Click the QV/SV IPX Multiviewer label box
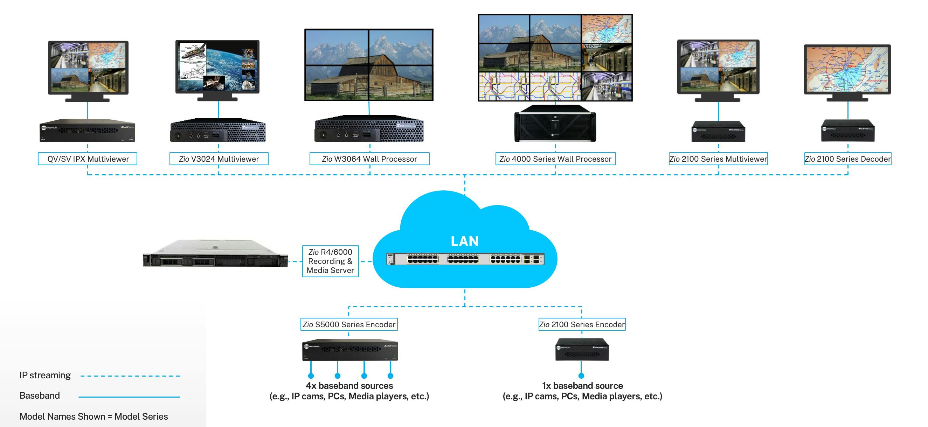[88, 159]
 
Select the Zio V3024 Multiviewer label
[219, 159]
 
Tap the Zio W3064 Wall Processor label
[369, 159]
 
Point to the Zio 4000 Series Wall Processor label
[555, 159]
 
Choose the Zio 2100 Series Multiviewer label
[718, 159]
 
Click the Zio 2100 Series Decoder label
[848, 159]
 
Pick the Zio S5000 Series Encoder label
[349, 324]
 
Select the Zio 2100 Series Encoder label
[581, 324]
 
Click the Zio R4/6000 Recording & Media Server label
[330, 261]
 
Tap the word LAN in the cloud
[464, 241]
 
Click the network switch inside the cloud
[465, 259]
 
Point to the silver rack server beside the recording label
[215, 254]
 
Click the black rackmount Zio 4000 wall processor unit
[555, 124]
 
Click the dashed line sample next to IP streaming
[130, 376]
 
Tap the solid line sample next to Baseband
[129, 397]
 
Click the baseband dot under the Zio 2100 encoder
[581, 376]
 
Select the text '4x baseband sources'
[349, 386]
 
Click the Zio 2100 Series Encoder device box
[582, 349]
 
